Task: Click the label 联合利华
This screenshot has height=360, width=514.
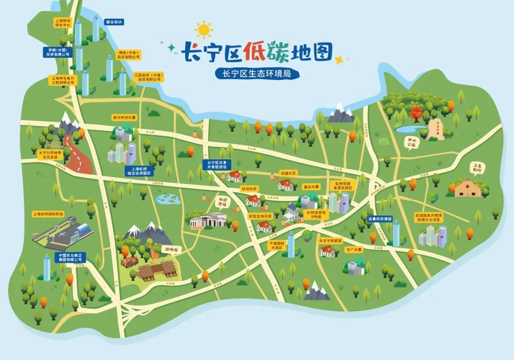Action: [x=114, y=22]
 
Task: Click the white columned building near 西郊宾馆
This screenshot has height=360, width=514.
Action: [x=209, y=220]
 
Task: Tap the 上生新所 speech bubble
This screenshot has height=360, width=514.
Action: [x=476, y=167]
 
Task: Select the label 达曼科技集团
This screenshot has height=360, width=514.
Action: [x=380, y=219]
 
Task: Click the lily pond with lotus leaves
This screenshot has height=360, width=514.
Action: [x=167, y=198]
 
